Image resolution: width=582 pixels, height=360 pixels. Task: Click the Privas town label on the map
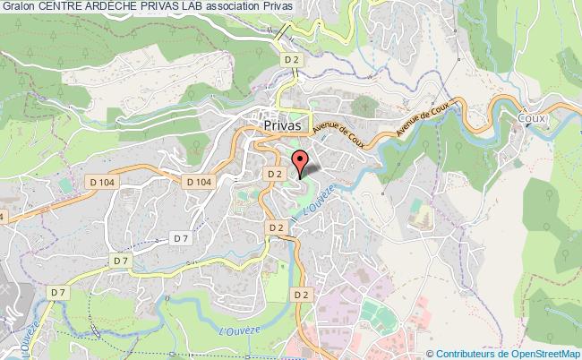[x=287, y=127]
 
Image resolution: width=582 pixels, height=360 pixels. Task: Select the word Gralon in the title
[x=18, y=8]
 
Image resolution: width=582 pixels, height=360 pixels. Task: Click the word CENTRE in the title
[x=63, y=8]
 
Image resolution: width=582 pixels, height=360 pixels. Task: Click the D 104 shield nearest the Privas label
[x=200, y=181]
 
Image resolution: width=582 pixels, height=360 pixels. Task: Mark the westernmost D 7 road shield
[x=59, y=292]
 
